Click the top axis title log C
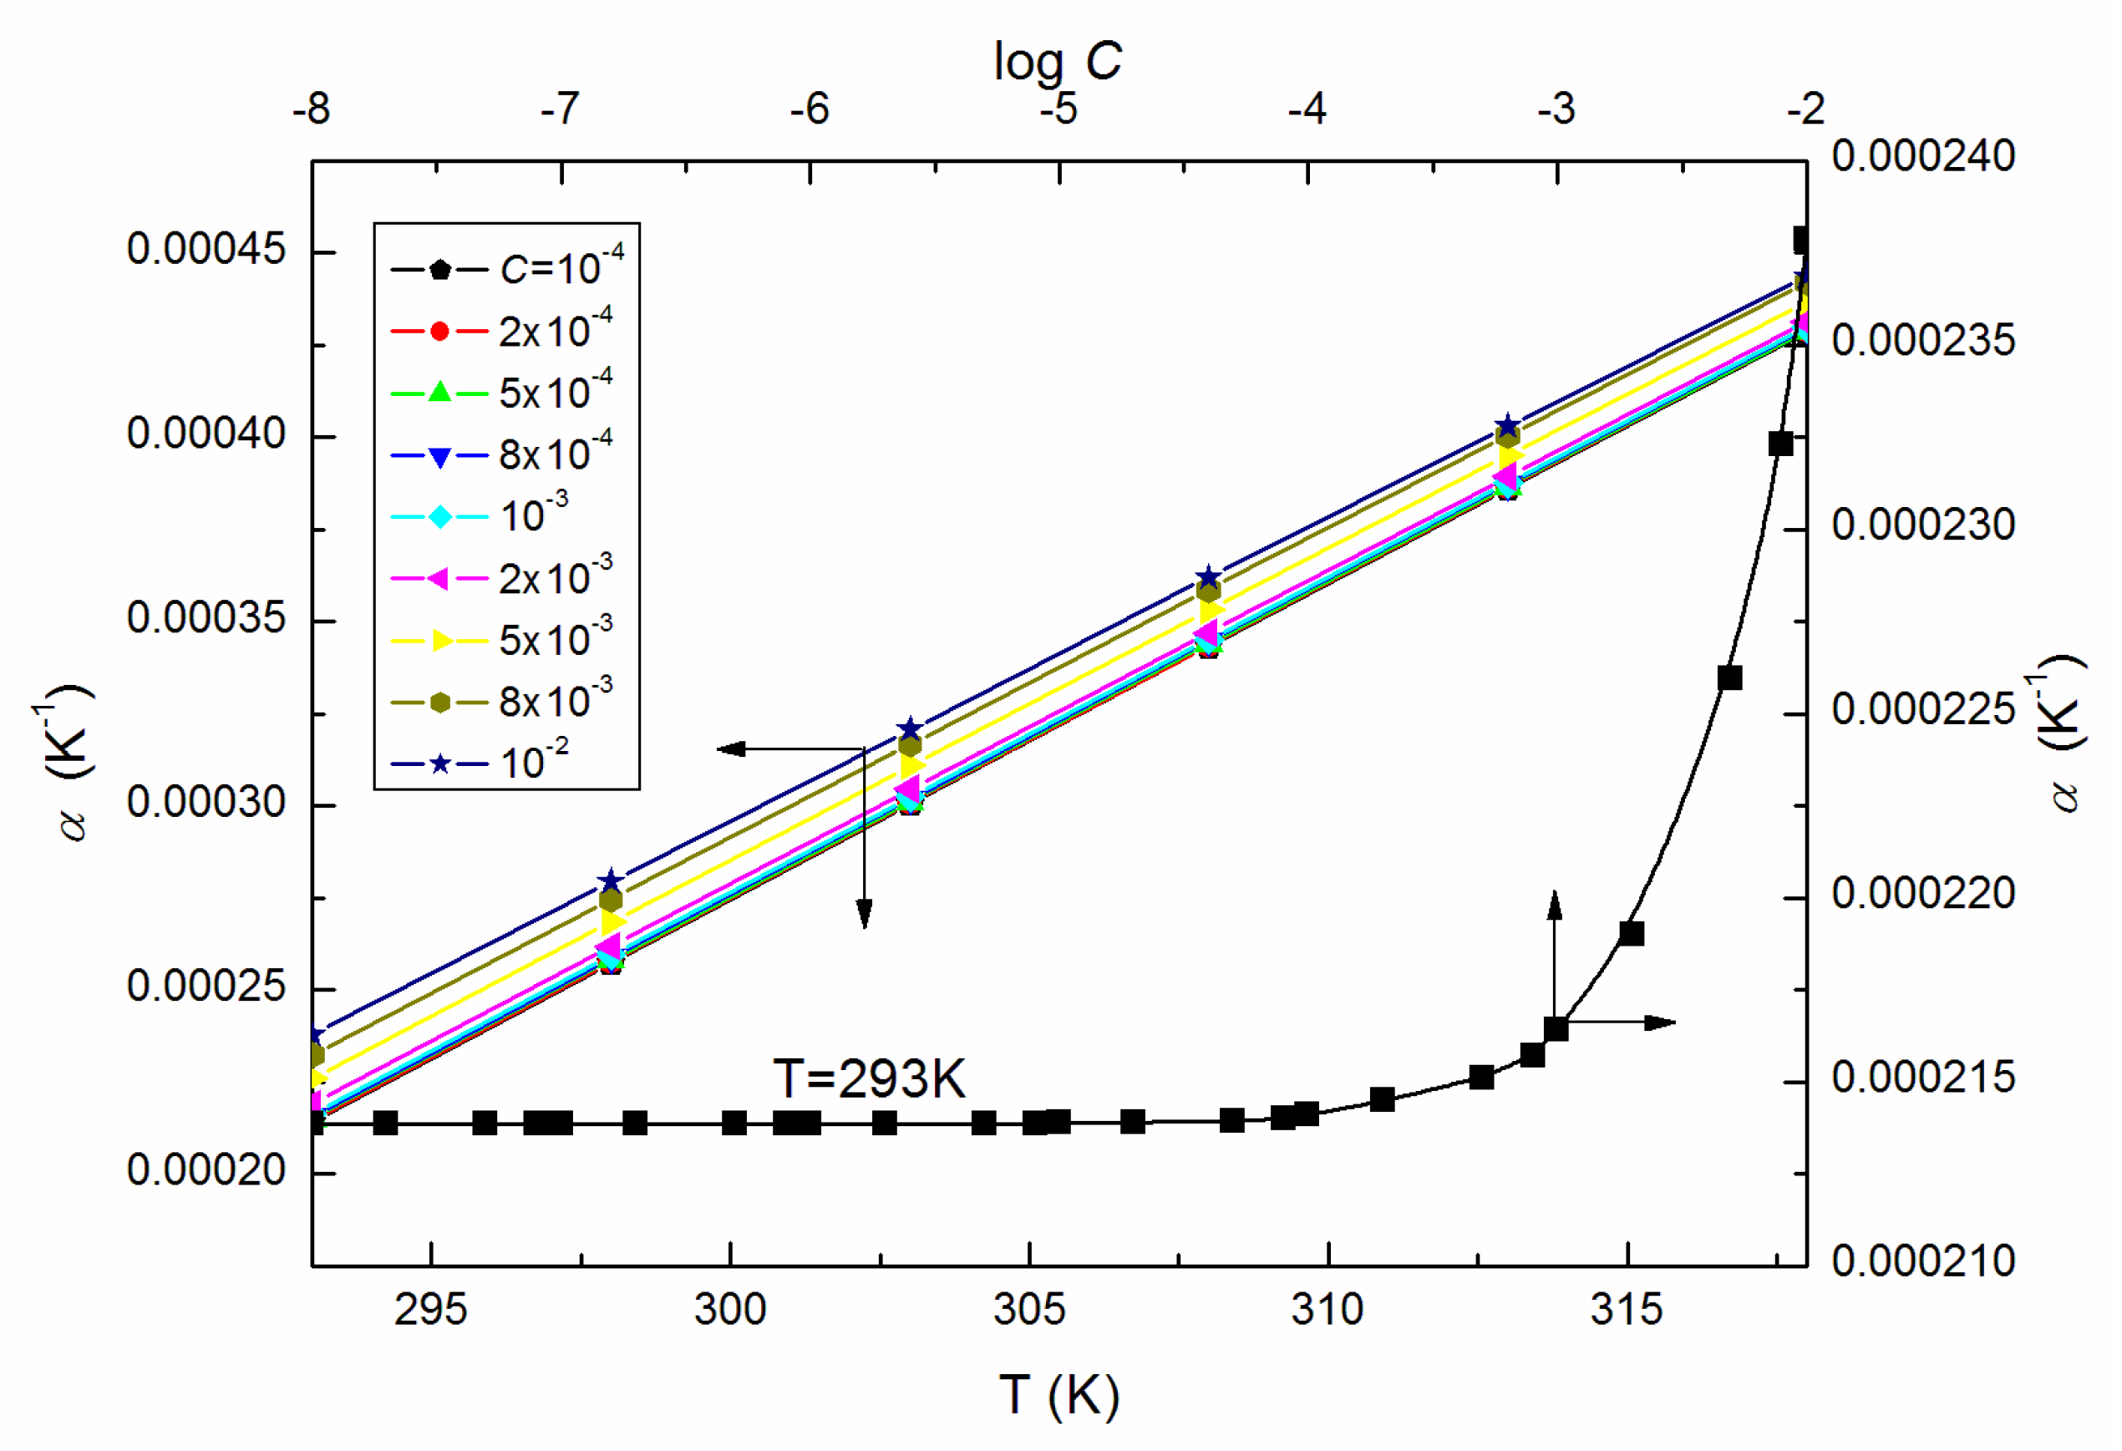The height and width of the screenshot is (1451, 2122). [x=1058, y=62]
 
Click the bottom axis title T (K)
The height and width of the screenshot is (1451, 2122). [x=1059, y=1394]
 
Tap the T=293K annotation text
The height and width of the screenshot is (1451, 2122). [x=868, y=1079]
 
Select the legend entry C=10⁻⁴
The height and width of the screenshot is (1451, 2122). [x=507, y=268]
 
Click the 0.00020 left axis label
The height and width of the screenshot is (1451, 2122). [x=206, y=1170]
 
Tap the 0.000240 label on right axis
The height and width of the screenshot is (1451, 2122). [x=1922, y=156]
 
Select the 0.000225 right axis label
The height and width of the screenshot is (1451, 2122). [x=1922, y=709]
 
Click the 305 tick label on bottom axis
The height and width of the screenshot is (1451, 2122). [x=1029, y=1310]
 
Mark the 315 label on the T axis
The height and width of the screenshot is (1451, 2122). [x=1627, y=1310]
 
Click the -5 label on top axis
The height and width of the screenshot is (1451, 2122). [x=1058, y=109]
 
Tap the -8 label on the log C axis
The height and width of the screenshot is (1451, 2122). [x=312, y=109]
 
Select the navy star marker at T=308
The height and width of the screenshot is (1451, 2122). [x=1208, y=577]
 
